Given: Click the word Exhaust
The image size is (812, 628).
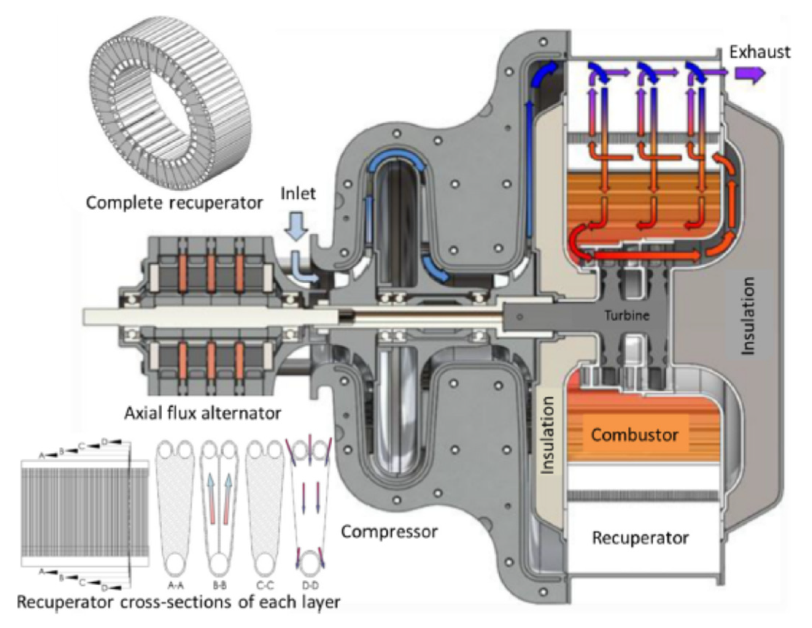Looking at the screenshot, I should (759, 52).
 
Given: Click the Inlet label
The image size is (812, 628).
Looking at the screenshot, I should (298, 194).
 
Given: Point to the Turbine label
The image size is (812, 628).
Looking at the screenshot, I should (627, 316).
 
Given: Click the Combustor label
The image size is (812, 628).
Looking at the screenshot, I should (634, 434).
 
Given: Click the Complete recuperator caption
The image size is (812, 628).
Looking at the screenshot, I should (174, 203).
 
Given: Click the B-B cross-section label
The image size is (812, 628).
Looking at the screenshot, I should (220, 586).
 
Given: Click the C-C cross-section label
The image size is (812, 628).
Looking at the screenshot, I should (265, 586).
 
